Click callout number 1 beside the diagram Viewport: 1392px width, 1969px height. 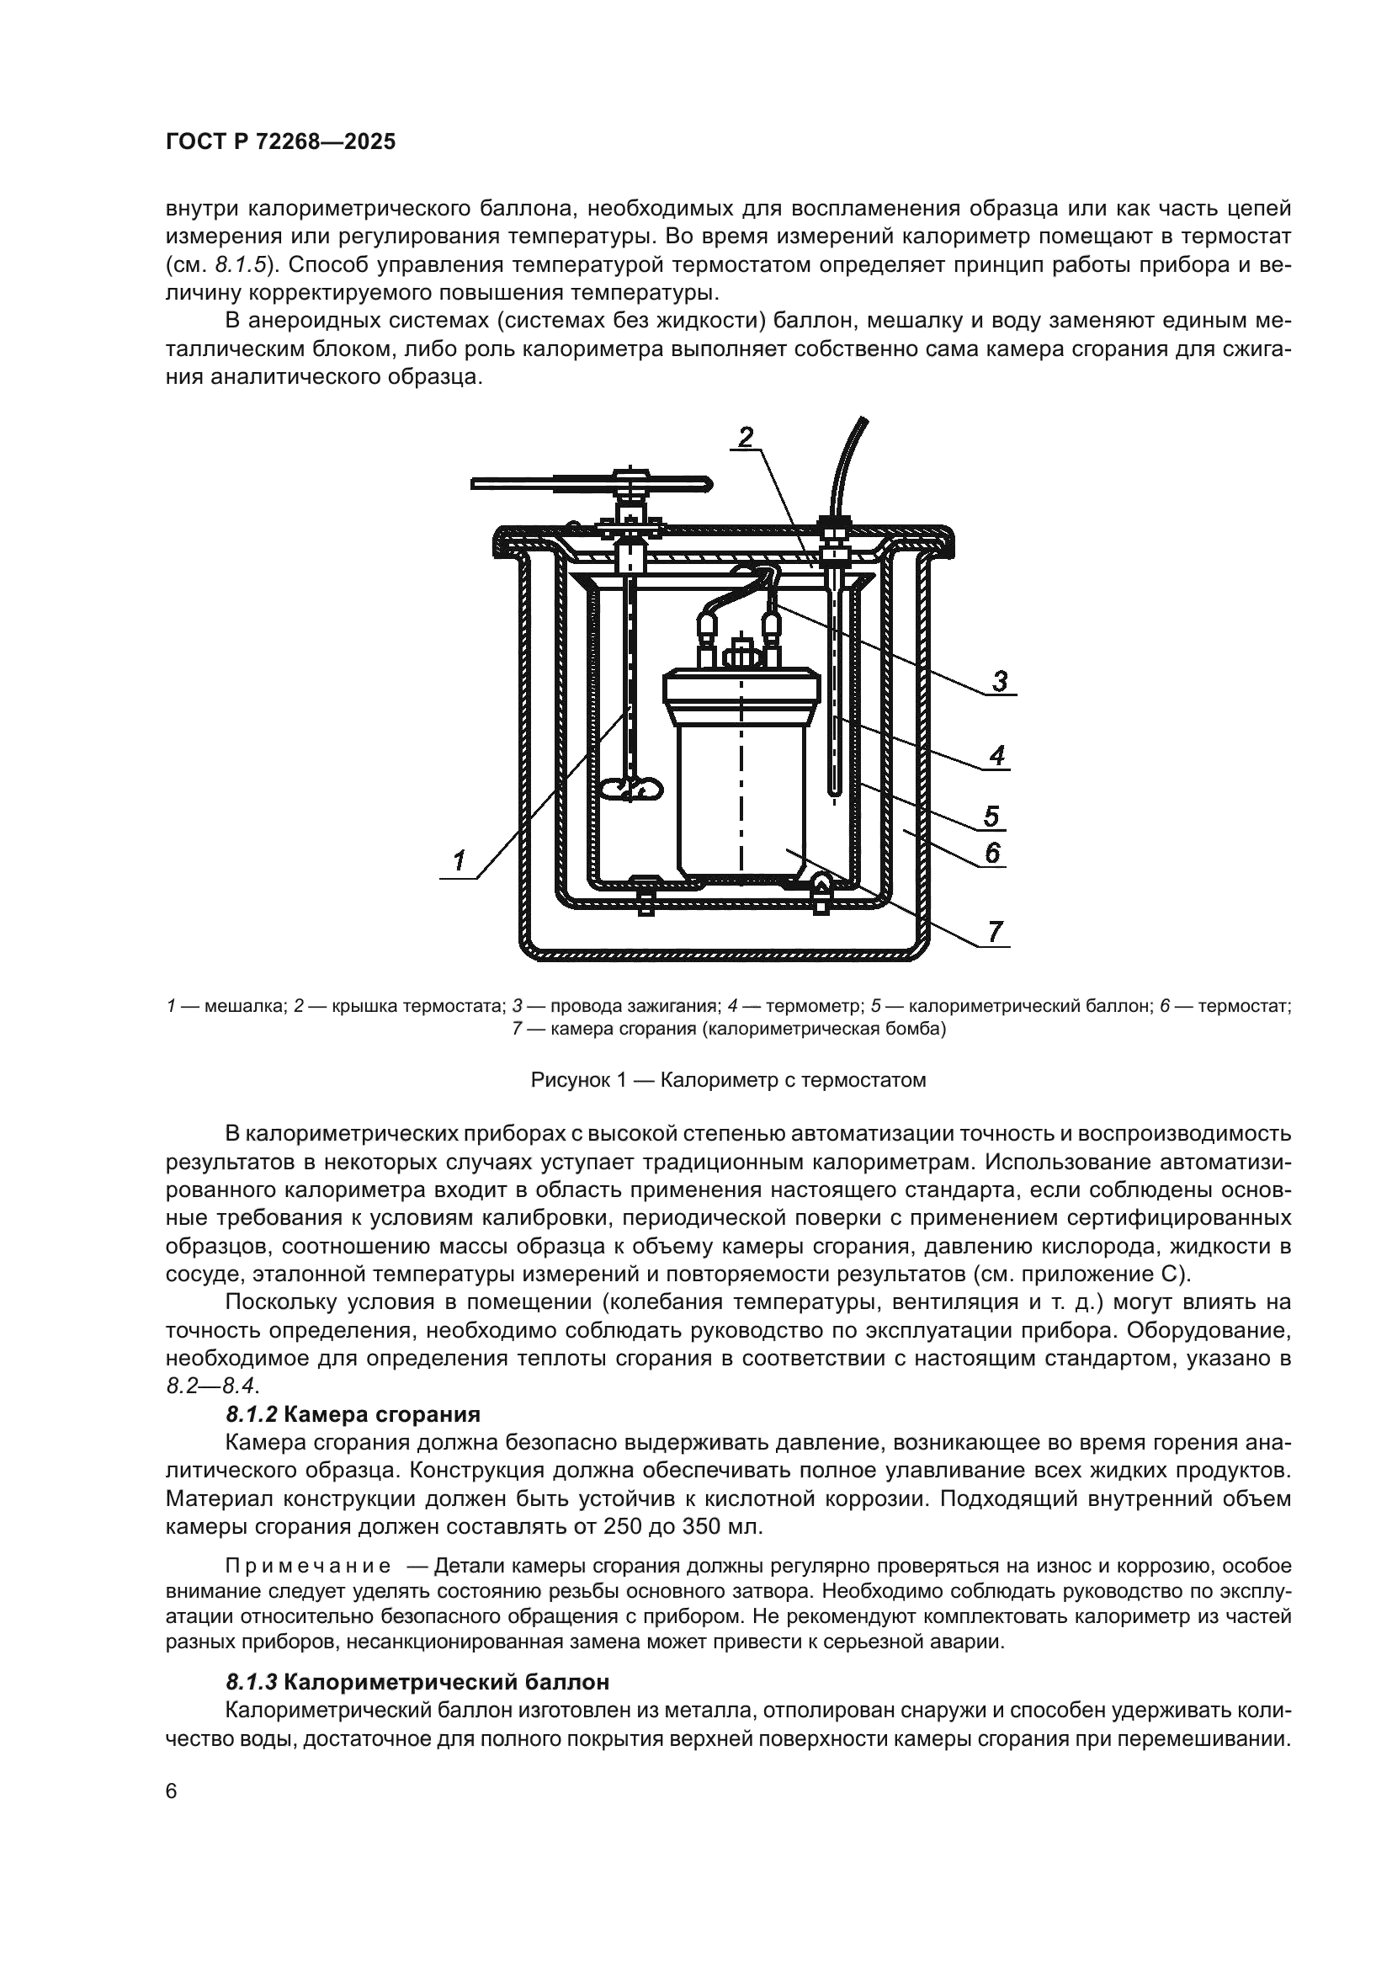459,859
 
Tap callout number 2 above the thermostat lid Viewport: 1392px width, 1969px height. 746,438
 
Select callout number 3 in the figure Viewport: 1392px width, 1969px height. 1000,682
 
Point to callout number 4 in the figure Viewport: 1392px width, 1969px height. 996,755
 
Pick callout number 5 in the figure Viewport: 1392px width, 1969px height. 991,816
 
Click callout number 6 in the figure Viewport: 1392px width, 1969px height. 992,853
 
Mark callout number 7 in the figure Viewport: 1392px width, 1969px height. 994,931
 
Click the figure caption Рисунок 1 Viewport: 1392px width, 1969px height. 728,1080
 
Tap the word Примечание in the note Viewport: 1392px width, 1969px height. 308,1566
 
